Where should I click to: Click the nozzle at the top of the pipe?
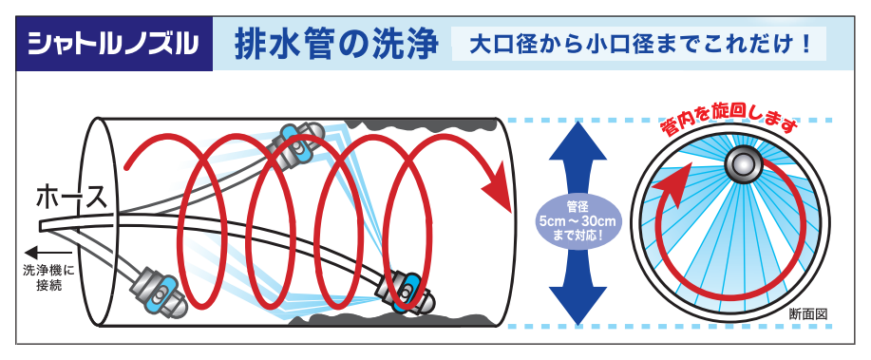(298, 146)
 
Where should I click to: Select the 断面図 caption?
(809, 314)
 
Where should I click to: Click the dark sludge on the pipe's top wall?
(418, 124)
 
